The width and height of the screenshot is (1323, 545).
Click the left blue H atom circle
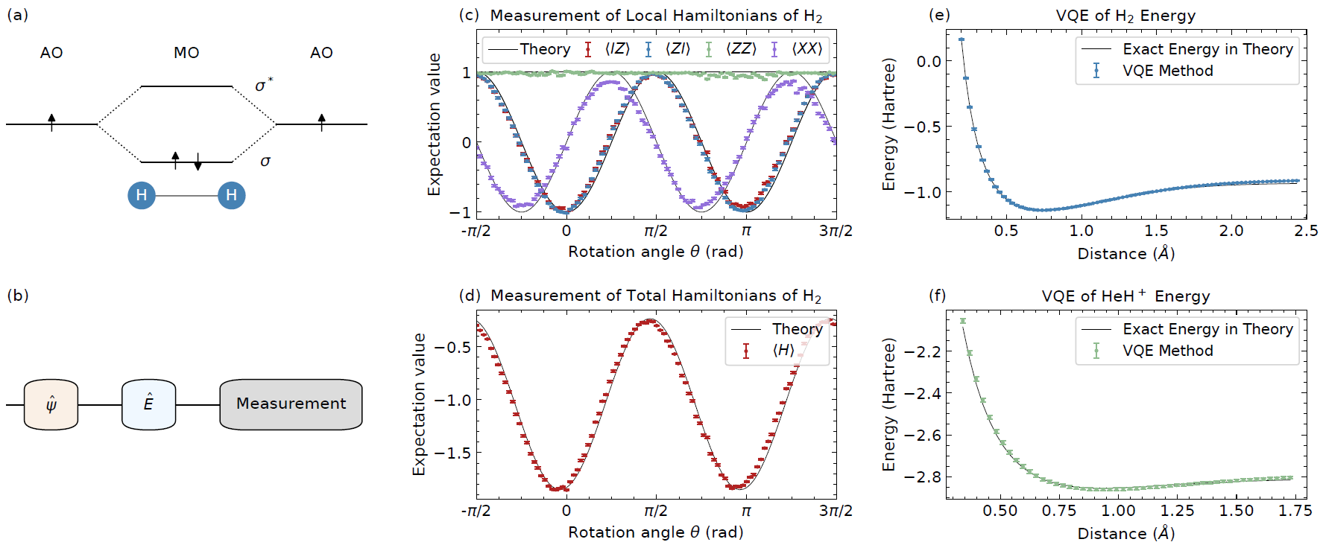tap(142, 196)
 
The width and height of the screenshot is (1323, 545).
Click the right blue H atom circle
tap(231, 196)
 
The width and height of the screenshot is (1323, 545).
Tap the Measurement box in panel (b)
tap(291, 404)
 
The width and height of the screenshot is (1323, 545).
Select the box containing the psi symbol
tap(51, 404)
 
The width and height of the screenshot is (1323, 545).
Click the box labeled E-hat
tap(148, 404)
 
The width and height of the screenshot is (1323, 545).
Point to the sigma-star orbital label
tap(264, 85)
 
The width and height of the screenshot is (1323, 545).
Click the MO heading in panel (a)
tap(186, 53)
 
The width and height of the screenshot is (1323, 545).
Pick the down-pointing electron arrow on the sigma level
tap(198, 162)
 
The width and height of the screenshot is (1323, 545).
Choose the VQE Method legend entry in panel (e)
tap(1167, 71)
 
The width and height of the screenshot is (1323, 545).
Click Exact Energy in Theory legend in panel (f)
tap(1207, 329)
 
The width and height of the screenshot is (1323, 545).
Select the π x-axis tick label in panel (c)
tap(746, 231)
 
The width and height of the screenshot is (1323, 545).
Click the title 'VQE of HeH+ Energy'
tap(1125, 296)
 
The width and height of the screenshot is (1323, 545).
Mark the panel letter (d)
tap(470, 296)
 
